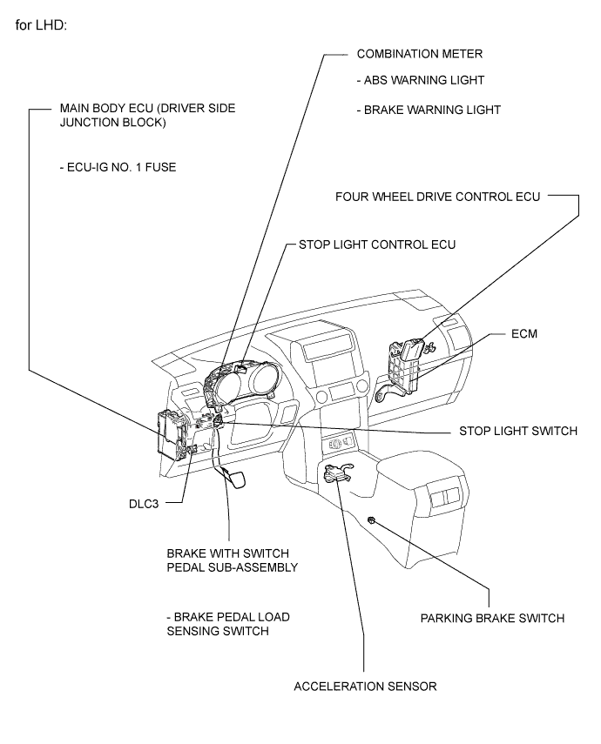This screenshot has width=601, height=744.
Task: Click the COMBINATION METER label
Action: [x=420, y=54]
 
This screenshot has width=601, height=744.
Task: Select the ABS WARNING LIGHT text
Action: [x=421, y=80]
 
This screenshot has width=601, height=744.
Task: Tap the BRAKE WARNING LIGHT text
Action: [x=429, y=111]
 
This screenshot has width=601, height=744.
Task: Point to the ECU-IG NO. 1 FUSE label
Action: [x=118, y=167]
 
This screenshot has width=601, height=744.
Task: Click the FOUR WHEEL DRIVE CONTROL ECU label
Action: [x=437, y=197]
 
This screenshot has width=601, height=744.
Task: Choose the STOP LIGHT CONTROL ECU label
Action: [x=377, y=245]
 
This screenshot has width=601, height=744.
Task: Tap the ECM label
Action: [x=524, y=334]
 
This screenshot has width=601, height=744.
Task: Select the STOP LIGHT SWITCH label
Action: [x=518, y=432]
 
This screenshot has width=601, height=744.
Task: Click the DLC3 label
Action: [x=144, y=504]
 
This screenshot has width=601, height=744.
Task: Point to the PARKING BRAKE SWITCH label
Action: [x=493, y=619]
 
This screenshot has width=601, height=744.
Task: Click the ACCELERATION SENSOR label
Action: [x=365, y=687]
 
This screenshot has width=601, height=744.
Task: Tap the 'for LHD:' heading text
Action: [x=41, y=25]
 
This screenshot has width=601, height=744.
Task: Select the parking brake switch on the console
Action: [x=372, y=520]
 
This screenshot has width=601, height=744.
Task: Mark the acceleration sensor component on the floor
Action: [x=337, y=473]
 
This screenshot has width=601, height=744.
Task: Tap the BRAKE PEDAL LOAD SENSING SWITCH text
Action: [x=228, y=625]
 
